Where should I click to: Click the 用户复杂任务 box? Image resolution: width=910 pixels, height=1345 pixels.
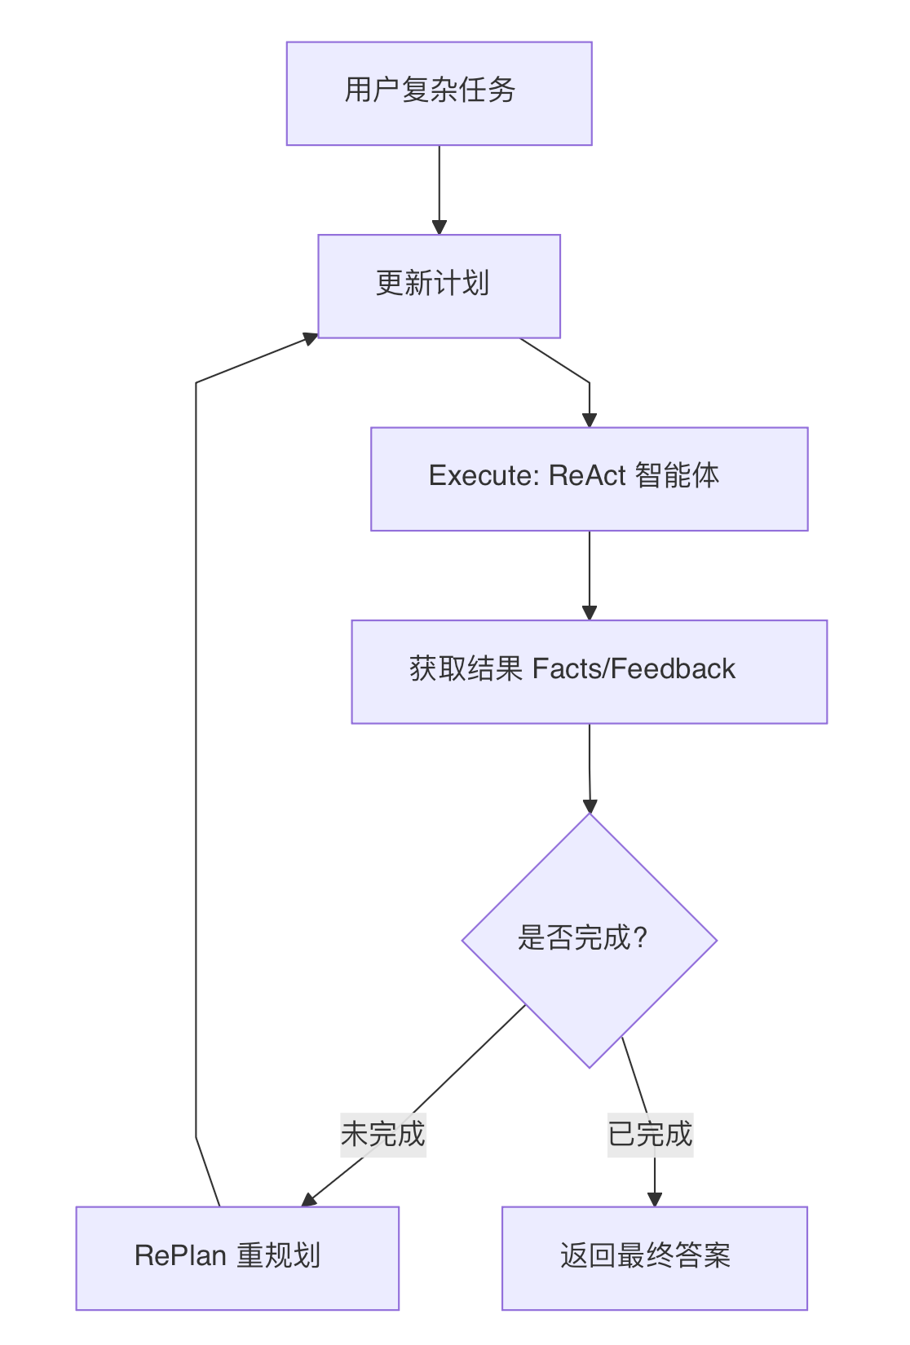point(439,93)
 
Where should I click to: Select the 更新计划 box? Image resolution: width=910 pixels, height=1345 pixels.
point(439,285)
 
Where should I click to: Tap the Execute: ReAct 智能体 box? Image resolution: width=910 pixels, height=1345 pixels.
point(589,478)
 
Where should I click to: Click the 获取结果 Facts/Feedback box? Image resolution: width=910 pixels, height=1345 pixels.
point(589,671)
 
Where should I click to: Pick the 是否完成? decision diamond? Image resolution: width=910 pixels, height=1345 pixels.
point(589,940)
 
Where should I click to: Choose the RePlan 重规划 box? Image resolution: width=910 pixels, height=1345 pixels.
point(237,1257)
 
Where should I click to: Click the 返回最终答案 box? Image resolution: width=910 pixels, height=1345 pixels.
point(654,1257)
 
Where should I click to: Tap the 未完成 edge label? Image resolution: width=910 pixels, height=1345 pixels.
point(383,1134)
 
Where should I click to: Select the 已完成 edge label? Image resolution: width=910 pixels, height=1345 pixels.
point(650,1134)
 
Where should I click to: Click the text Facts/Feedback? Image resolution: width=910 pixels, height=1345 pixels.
point(634,669)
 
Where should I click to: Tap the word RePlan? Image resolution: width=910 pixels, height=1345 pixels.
point(180,1255)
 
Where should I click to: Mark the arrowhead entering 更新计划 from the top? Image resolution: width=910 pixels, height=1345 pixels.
point(440,227)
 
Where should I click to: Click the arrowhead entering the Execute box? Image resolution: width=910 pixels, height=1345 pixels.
point(589,421)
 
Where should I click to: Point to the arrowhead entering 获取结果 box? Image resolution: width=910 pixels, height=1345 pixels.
point(590,613)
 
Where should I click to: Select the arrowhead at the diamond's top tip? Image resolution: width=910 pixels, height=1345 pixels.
point(590,806)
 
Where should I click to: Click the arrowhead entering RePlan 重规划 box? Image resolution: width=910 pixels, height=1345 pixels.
point(308,1200)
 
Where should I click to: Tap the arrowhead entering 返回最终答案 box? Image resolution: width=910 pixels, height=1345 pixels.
point(654,1199)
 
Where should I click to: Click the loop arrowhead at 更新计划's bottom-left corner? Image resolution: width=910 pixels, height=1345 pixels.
point(311,337)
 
